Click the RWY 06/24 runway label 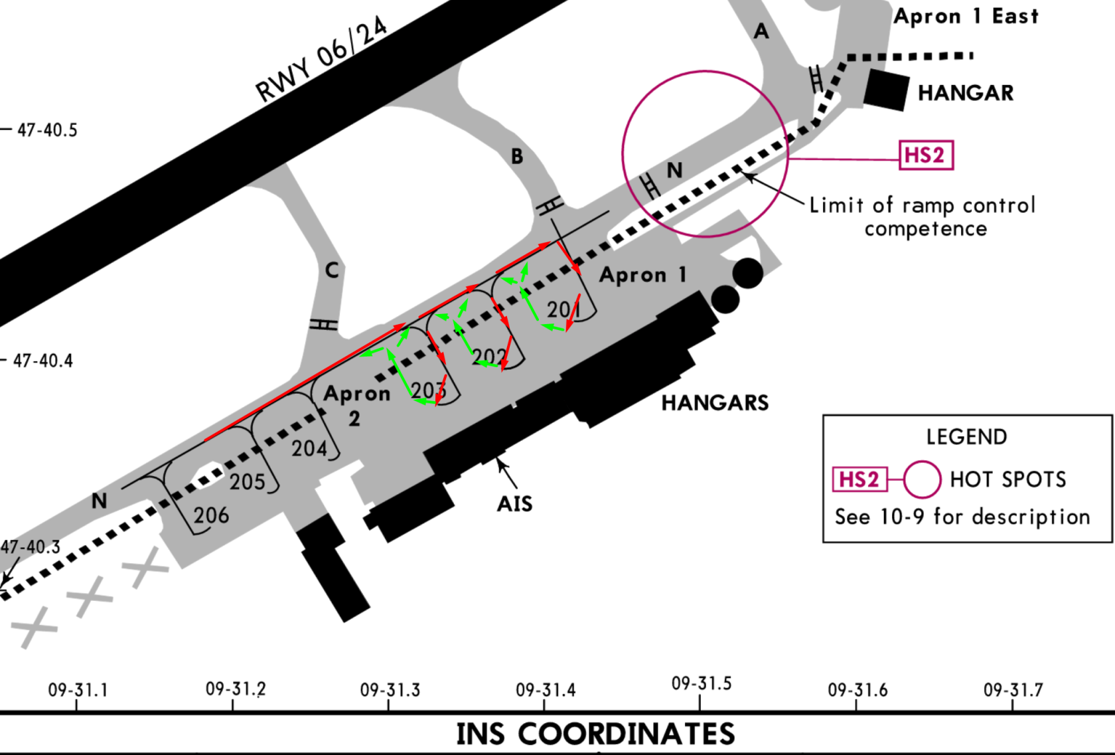321,58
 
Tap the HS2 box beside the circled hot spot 927,155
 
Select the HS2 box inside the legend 860,479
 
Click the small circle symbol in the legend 922,479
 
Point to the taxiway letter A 761,31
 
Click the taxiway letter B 517,157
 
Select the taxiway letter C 332,270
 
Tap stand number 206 211,515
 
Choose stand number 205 248,481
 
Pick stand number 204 309,449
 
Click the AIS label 515,504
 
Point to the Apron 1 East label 966,17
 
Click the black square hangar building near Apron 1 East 886,90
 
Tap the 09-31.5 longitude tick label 702,684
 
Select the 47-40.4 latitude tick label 42,361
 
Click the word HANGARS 715,403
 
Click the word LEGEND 966,437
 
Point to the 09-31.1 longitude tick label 78,691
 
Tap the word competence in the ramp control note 926,229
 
